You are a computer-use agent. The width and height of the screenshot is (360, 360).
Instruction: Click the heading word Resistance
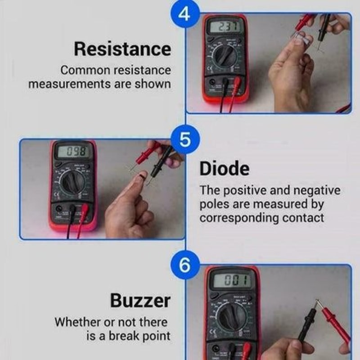point(122,49)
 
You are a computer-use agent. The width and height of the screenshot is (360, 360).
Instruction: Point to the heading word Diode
point(224,169)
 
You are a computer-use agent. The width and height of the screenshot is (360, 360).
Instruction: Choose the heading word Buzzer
point(140,300)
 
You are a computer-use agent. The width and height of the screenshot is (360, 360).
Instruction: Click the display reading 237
point(225,27)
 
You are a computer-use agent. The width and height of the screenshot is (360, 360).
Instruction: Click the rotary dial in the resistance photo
point(224,57)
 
